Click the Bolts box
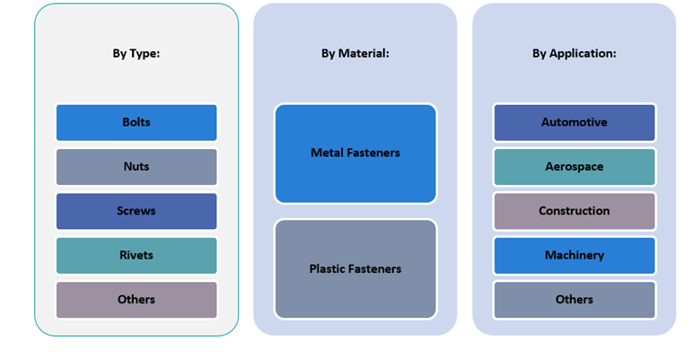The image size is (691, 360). (136, 123)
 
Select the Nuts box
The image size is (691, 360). (136, 167)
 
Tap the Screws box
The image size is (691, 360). (136, 211)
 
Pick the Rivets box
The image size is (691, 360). (136, 256)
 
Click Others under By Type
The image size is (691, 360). (136, 300)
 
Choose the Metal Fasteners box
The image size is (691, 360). (355, 154)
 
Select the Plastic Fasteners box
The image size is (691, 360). (355, 269)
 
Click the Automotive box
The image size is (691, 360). (574, 123)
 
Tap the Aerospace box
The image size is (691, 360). (574, 167)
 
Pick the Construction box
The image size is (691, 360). (574, 211)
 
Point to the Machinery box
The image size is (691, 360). (574, 256)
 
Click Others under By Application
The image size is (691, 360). (574, 300)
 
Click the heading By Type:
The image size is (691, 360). (136, 54)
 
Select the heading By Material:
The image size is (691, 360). (355, 54)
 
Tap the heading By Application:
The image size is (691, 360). (574, 54)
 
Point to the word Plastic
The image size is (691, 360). (328, 269)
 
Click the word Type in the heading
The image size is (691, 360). (145, 54)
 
